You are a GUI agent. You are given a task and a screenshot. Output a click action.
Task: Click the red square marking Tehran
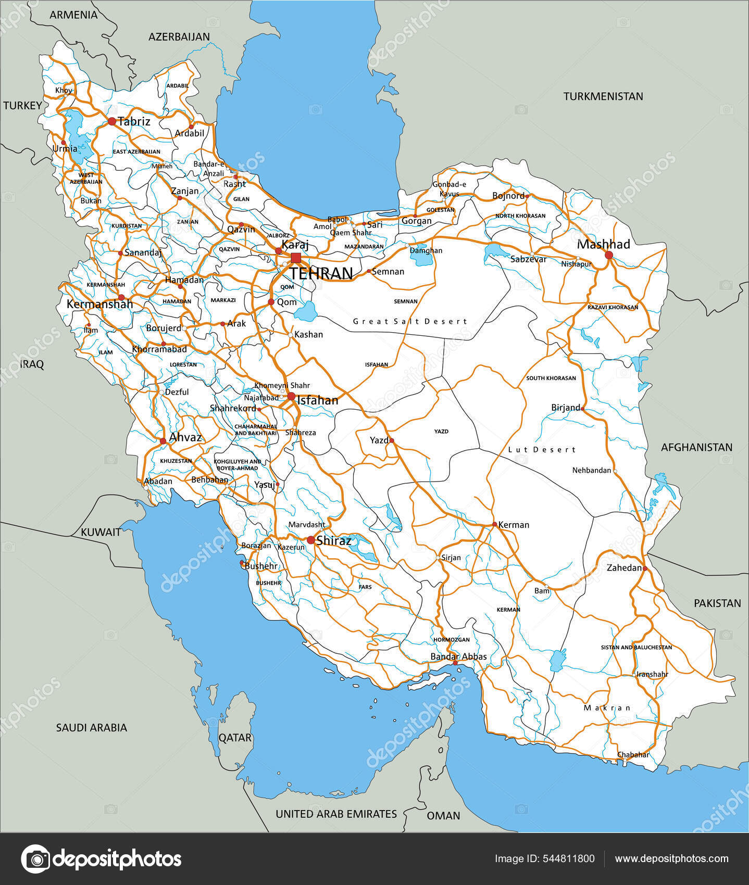296,258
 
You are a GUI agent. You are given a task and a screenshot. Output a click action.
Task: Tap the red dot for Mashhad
608,255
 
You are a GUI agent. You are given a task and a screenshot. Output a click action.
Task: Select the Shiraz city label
333,540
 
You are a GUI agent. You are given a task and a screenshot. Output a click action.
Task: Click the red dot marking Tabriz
111,121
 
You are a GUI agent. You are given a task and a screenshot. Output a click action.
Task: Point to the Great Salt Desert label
410,321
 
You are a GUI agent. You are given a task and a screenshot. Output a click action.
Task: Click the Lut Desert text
542,449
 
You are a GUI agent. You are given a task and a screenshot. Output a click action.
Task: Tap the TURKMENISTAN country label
603,96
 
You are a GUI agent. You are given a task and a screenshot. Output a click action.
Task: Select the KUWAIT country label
101,532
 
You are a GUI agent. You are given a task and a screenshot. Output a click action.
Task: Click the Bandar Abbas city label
458,656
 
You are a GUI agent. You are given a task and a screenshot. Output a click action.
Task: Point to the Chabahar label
633,754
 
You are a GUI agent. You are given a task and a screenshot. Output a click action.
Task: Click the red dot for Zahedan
645,568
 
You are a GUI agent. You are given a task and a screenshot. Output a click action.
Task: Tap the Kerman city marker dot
494,524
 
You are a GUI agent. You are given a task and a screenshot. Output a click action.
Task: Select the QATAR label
235,738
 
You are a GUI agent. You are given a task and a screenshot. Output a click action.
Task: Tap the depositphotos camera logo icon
35,858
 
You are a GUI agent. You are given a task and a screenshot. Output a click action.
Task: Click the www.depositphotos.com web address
671,859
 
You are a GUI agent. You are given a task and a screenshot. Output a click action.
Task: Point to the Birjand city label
565,408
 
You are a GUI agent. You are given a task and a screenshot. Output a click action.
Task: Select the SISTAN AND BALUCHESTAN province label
636,647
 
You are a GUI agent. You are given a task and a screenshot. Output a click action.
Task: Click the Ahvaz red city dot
163,441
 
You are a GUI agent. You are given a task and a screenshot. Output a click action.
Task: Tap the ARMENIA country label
73,15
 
